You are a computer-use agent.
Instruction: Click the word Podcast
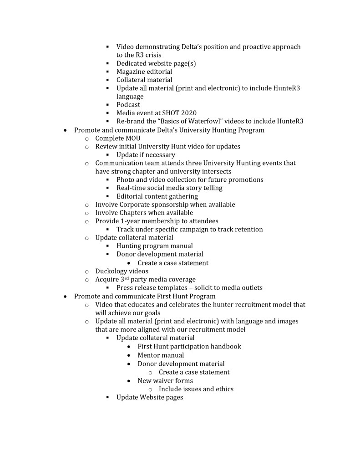(x=128, y=105)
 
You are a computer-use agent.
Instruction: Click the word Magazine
(x=132, y=72)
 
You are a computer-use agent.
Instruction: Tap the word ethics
(x=223, y=389)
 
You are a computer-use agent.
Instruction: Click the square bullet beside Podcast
(x=108, y=105)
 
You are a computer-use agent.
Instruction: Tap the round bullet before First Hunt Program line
(x=66, y=297)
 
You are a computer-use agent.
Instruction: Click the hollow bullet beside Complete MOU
(x=87, y=138)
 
